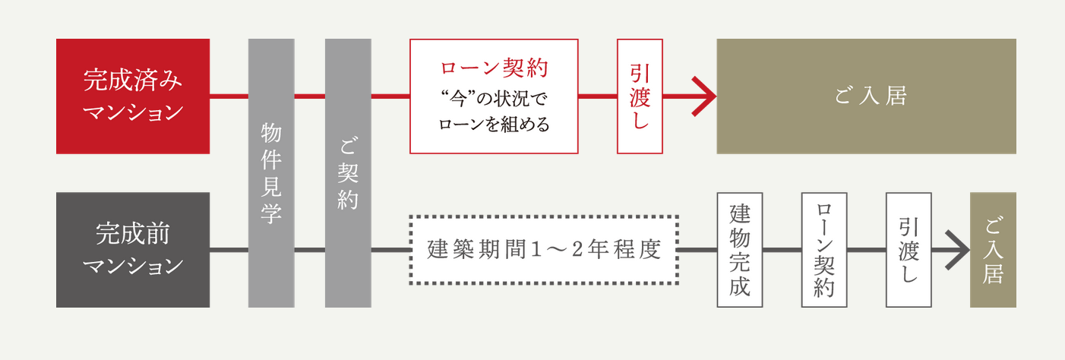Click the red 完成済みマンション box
tap(133, 96)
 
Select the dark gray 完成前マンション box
tap(133, 250)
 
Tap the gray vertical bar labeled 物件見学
tap(271, 173)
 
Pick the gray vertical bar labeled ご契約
tap(348, 173)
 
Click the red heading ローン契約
tap(494, 69)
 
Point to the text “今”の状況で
tap(494, 99)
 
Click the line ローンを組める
tap(494, 125)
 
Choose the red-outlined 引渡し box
tap(640, 96)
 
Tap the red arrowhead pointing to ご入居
tap(706, 96)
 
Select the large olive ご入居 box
tap(866, 96)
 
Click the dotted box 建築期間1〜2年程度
tap(543, 250)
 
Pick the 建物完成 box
tap(740, 250)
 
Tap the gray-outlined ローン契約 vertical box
tap(824, 250)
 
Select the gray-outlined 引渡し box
tap(909, 250)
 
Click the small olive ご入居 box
tap(993, 250)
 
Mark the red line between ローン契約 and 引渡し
tap(598, 96)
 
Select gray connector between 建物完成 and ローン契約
tap(782, 250)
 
